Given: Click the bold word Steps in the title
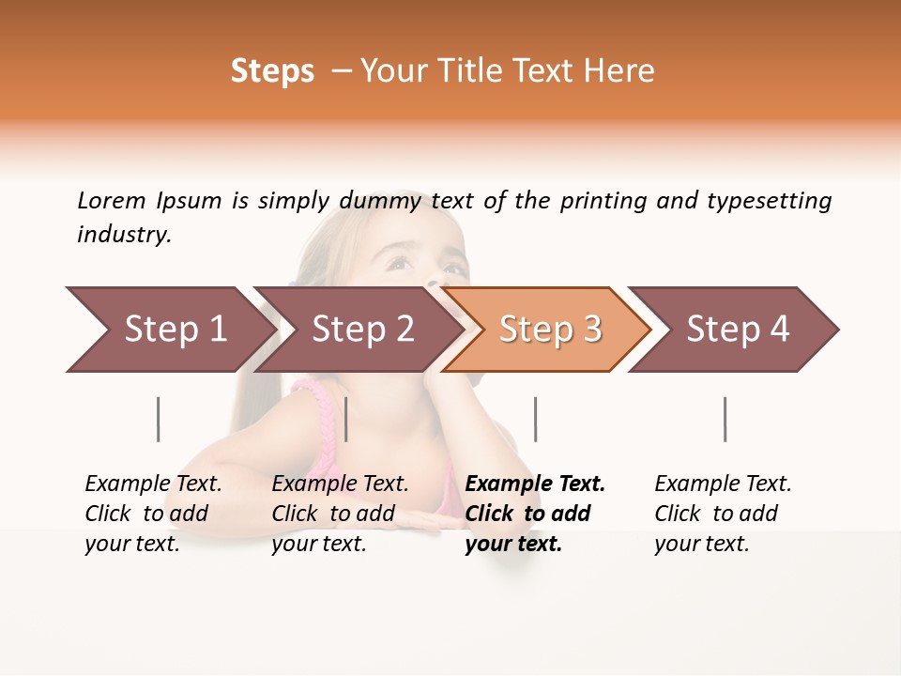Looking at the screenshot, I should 272,71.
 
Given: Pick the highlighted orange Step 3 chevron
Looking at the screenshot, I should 550,330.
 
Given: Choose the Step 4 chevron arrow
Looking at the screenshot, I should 738,330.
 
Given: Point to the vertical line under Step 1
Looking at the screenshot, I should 159,419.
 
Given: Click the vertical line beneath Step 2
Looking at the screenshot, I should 346,419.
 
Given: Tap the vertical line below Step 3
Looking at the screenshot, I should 535,419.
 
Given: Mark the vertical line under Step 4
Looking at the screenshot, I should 725,419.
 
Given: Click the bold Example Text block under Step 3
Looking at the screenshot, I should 535,514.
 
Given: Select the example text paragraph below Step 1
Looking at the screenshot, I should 153,514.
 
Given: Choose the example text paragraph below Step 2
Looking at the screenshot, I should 340,514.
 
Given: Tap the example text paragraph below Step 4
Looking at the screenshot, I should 723,514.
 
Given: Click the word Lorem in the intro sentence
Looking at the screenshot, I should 112,200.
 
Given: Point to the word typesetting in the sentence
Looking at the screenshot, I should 769,201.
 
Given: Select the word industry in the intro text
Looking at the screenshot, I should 124,235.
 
